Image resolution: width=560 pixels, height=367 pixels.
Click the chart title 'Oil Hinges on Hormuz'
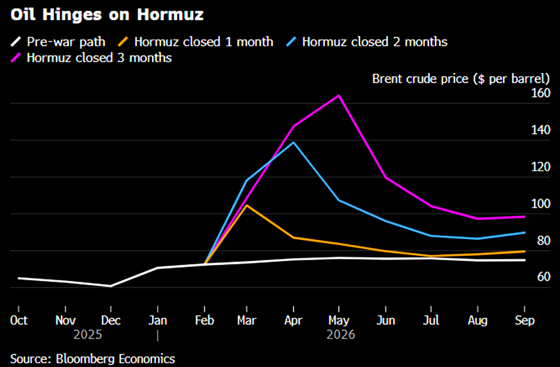(107, 13)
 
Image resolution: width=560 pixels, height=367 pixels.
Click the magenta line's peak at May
(339, 96)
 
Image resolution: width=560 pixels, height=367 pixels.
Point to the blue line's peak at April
(294, 142)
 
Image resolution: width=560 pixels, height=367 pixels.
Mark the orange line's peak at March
(247, 205)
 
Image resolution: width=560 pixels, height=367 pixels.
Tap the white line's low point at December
(111, 286)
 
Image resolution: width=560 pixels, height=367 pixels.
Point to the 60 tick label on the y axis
(544, 277)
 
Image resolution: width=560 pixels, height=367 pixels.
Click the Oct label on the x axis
(19, 320)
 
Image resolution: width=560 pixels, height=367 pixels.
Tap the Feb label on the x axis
(204, 320)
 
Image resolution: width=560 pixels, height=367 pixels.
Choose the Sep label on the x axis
(524, 320)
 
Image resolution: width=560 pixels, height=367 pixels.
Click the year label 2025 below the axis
(88, 335)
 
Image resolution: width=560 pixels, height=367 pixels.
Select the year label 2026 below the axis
(341, 335)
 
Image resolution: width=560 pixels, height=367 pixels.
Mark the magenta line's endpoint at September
(525, 217)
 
